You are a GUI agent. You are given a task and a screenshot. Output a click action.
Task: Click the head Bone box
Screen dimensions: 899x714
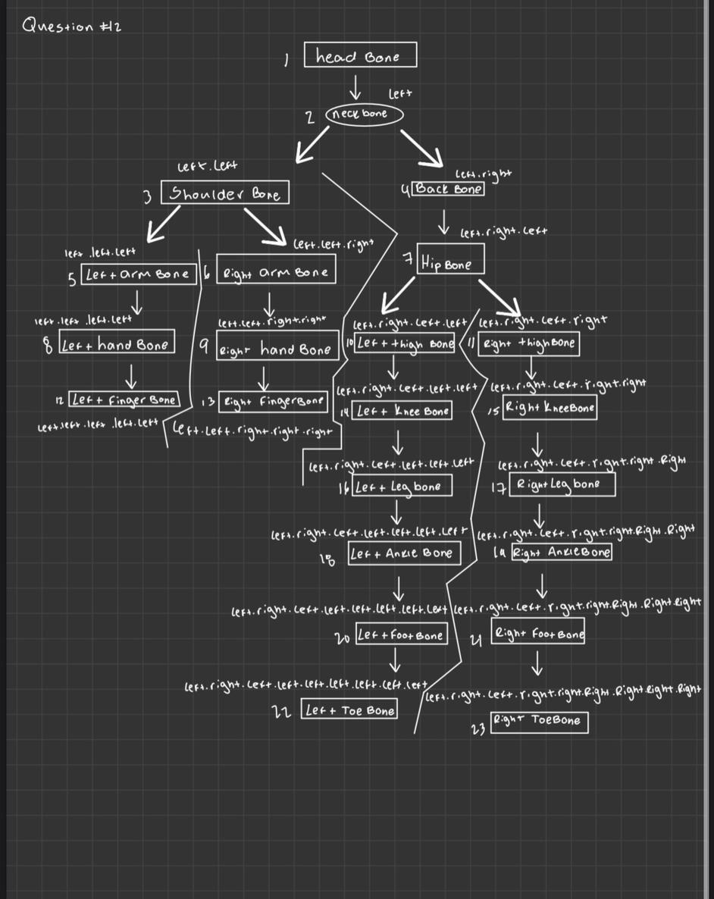coord(360,56)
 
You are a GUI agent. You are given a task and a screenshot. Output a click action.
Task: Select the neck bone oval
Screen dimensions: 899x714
coord(365,114)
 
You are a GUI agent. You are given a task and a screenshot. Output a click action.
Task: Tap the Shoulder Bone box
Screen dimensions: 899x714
coord(225,194)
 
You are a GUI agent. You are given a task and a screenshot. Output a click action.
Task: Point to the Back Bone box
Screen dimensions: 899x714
coord(448,189)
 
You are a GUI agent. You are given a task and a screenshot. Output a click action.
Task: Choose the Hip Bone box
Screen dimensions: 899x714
coord(448,262)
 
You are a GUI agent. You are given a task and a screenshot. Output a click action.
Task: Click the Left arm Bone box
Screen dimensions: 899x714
coord(139,274)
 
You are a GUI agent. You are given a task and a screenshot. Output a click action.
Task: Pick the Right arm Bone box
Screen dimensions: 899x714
coord(275,273)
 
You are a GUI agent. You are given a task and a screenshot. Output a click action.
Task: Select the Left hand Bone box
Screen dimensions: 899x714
coord(116,345)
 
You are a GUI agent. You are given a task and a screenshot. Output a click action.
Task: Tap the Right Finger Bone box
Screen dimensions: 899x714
coord(271,400)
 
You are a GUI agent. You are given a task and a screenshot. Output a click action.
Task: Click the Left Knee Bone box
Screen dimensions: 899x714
coord(402,411)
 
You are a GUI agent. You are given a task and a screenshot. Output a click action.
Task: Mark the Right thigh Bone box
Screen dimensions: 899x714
coord(529,343)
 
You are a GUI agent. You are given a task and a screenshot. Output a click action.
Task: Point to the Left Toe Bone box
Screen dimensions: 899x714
coord(349,710)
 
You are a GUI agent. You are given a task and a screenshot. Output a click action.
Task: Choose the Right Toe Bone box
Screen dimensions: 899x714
coord(539,721)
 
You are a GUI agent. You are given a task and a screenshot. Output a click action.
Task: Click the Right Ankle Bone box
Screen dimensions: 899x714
coord(561,553)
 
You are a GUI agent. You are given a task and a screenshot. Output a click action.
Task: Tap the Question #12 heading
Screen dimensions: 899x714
coord(73,26)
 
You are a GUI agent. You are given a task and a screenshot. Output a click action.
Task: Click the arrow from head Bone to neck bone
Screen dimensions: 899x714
coord(354,88)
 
